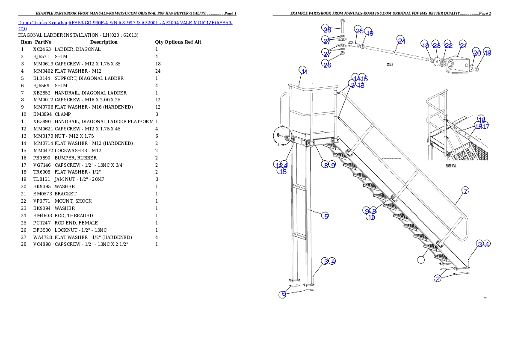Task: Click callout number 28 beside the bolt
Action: coord(326,29)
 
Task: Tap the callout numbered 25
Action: coord(359,31)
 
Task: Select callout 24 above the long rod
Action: coord(401,41)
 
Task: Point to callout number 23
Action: coord(436,45)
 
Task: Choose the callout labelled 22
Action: coord(448,45)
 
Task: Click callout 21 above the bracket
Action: coord(463,44)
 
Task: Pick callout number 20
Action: coord(476,53)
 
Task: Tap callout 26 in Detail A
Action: coord(326,65)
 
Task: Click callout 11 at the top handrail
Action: coord(304,71)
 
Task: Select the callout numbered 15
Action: coord(364,78)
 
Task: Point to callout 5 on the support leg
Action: coord(326,216)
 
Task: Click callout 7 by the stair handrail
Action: coord(465,190)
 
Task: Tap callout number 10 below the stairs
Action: coord(371,217)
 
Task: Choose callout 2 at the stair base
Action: coord(438,278)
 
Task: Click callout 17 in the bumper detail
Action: coord(485,126)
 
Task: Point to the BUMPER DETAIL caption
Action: coord(451,166)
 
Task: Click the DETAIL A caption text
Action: coord(390,64)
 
